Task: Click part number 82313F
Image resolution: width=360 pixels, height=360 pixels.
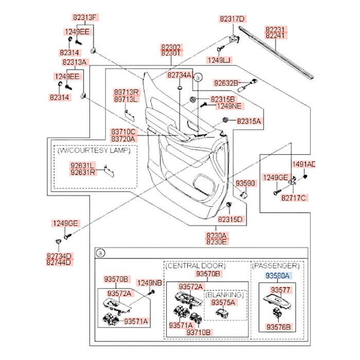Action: coord(83,17)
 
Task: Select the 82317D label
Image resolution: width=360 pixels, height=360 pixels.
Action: coord(232,19)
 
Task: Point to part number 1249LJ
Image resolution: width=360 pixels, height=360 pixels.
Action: coord(219,60)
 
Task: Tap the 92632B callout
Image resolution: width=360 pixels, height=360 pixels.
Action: coord(226,83)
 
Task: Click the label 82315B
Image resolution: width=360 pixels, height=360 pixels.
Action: coord(222,99)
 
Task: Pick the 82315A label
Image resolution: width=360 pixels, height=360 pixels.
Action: coord(249,121)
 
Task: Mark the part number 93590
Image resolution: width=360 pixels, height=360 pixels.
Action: coord(245,183)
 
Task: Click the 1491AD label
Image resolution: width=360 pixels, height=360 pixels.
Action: coord(304,165)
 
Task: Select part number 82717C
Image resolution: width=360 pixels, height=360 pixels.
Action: coord(293,197)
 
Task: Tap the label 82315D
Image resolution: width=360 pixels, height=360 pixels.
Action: coord(229,219)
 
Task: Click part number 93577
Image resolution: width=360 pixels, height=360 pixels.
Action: coord(281,290)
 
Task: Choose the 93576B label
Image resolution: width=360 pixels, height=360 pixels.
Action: coord(278,327)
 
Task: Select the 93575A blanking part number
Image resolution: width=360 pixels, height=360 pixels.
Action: coord(223,302)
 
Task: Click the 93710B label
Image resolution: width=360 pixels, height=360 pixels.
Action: coord(199,332)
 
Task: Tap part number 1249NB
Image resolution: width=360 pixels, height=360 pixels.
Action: coord(149,283)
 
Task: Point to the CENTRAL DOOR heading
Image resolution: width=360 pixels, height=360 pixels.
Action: coord(196,266)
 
